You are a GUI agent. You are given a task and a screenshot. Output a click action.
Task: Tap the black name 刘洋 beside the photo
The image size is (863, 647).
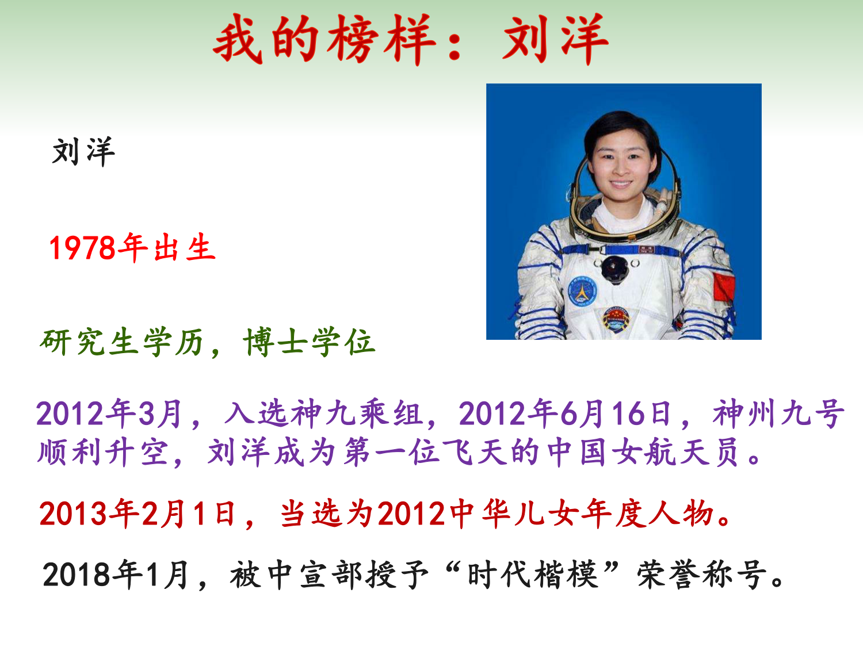(x=83, y=152)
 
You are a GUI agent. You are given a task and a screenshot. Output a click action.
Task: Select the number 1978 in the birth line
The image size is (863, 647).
(x=82, y=248)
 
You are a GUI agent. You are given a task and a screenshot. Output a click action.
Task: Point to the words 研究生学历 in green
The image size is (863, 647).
(x=121, y=342)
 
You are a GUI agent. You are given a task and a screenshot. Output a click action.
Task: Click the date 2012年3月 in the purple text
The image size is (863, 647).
(x=109, y=414)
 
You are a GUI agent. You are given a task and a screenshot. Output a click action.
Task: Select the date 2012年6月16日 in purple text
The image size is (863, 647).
(x=564, y=414)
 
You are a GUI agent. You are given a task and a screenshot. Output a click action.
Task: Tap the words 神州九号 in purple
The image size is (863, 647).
(x=778, y=414)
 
